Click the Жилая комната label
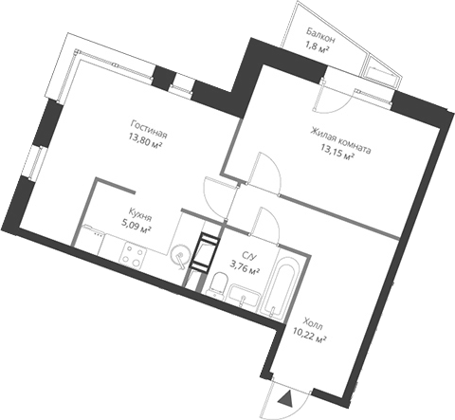coord(338,148)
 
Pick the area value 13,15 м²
coord(337,161)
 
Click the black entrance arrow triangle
coord(282,398)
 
